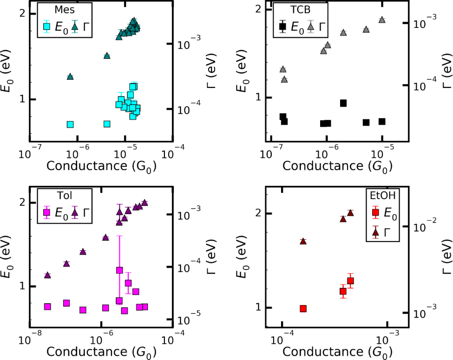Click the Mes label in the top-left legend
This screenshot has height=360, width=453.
click(52, 10)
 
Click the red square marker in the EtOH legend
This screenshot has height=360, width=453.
click(376, 213)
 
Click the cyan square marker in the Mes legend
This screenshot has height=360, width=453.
click(46, 26)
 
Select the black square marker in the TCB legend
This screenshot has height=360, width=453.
click(282, 26)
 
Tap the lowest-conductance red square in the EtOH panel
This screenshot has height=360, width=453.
click(303, 308)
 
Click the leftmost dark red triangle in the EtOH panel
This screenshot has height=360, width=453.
click(303, 241)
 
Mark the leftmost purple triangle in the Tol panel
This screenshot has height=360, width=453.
click(47, 275)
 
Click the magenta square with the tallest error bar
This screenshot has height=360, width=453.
click(119, 270)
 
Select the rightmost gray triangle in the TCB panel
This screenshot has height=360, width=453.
click(382, 20)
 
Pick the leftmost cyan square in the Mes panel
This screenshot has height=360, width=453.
click(70, 124)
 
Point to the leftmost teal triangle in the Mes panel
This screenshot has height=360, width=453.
click(70, 76)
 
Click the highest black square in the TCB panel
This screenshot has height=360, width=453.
click(343, 103)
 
